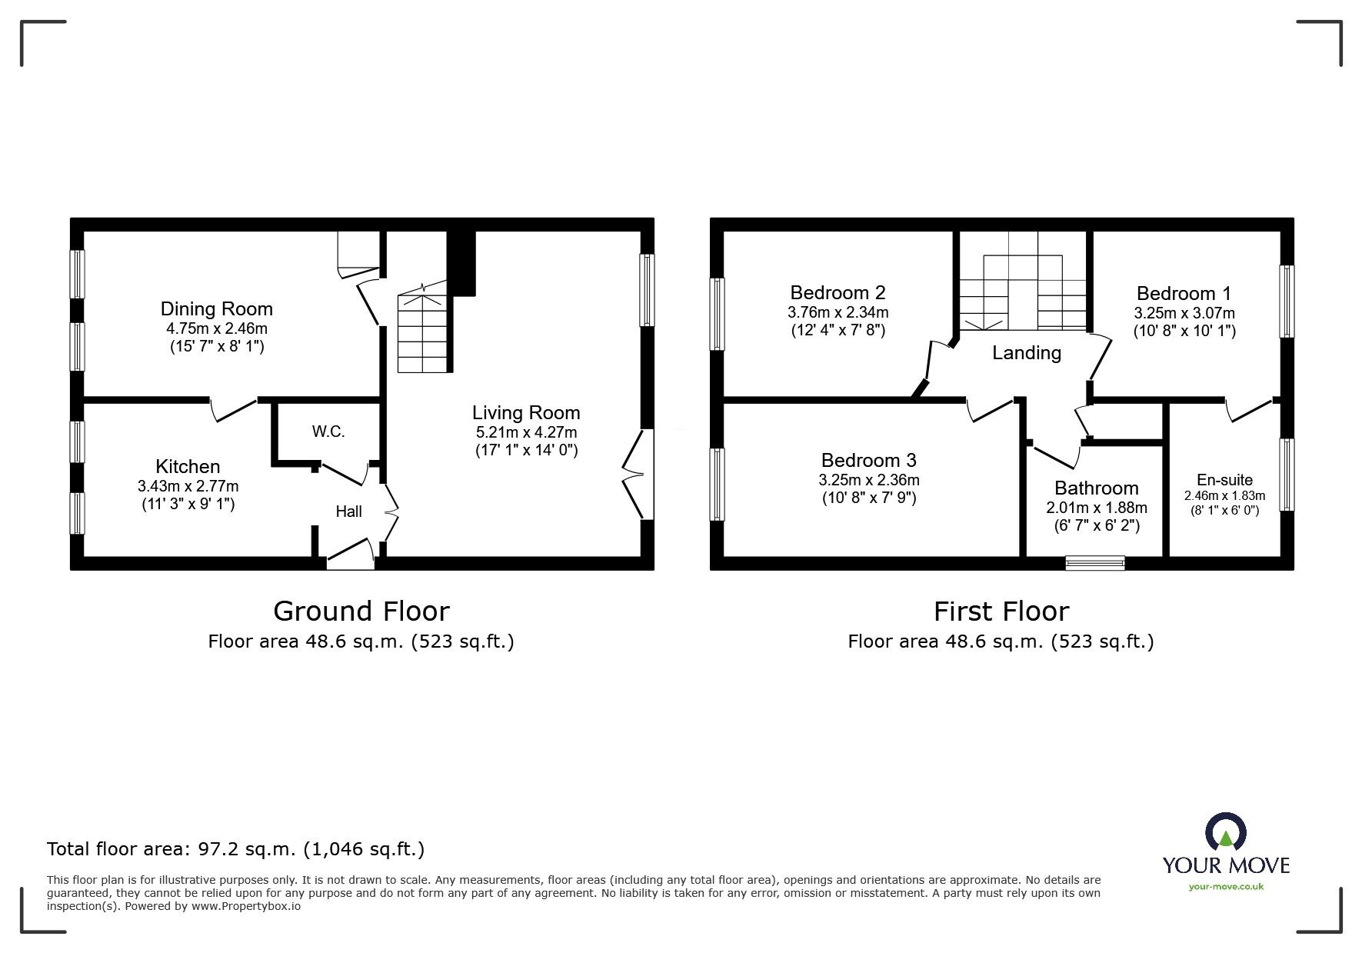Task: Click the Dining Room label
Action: coord(216,309)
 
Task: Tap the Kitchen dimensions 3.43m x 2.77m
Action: coord(188,486)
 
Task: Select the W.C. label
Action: coord(328,432)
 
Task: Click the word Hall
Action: coord(348,511)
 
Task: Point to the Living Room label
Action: coord(526,413)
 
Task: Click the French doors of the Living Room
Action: coord(635,475)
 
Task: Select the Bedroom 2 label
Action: coord(838,293)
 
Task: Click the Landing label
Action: coord(1026,353)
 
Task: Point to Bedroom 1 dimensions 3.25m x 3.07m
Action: coord(1184,313)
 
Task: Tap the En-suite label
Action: coord(1224,480)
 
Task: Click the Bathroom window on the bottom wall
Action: coord(1095,563)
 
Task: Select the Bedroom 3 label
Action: coord(868,461)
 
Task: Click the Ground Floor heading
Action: coord(361,611)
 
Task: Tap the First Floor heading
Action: coord(1001,611)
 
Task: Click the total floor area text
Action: coord(235,849)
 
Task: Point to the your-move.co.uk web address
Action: coord(1226,887)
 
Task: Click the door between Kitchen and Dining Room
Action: coord(234,409)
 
